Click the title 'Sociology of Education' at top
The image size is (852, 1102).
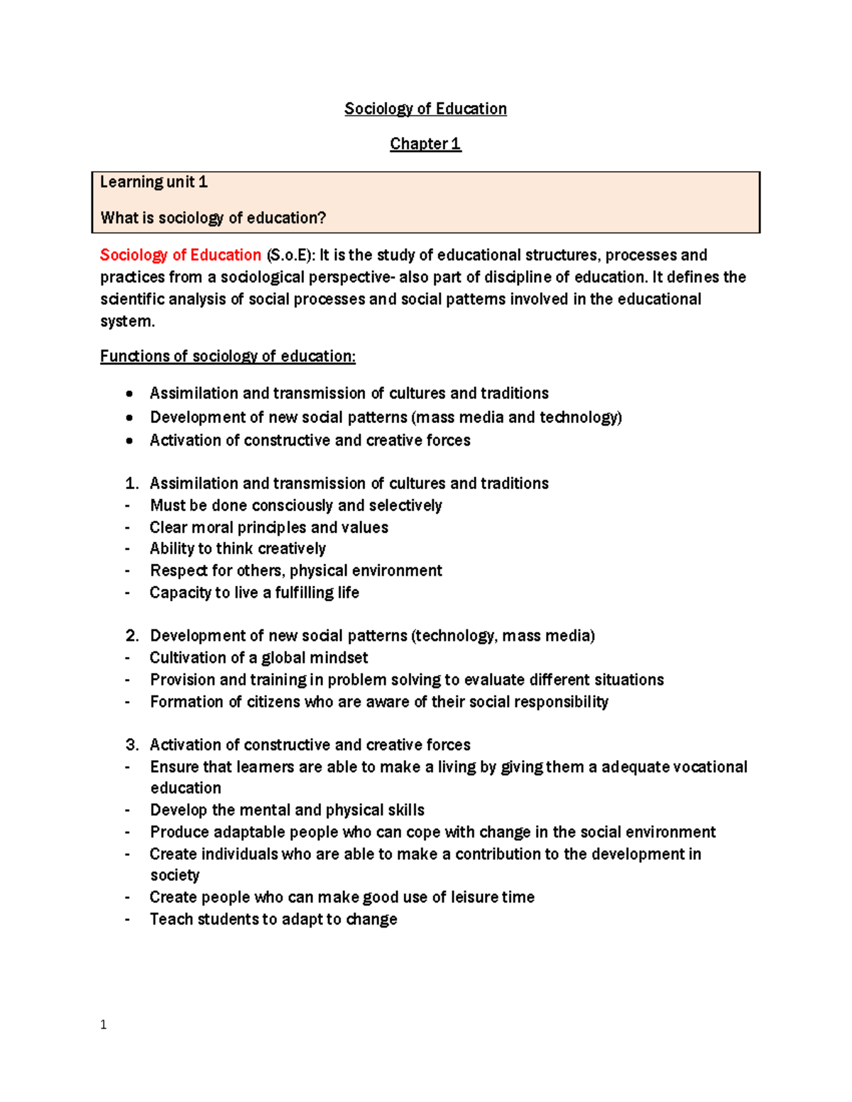coord(425,109)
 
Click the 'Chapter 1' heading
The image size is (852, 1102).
coord(425,144)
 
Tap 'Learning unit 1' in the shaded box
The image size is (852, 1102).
coord(153,182)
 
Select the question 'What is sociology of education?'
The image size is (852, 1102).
coord(213,218)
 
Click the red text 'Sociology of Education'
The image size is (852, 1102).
coord(180,255)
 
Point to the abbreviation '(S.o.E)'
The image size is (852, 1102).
coord(290,255)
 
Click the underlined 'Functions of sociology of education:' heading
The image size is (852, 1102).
coord(227,356)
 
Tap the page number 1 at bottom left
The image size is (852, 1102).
coord(104,1025)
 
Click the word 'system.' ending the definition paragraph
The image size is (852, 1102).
coord(127,321)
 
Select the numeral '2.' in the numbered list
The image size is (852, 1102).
coord(132,636)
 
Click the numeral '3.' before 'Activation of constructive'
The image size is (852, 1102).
coord(132,745)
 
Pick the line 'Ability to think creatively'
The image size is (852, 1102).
coord(238,549)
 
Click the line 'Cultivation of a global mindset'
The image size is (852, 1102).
coord(258,658)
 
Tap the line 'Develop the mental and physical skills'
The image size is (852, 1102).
coord(287,810)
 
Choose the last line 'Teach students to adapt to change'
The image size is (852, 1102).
coord(273,920)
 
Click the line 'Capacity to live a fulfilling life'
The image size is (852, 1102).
coord(254,593)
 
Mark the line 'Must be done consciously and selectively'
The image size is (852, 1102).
coord(296,505)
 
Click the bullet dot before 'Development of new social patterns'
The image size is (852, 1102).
coord(129,417)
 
